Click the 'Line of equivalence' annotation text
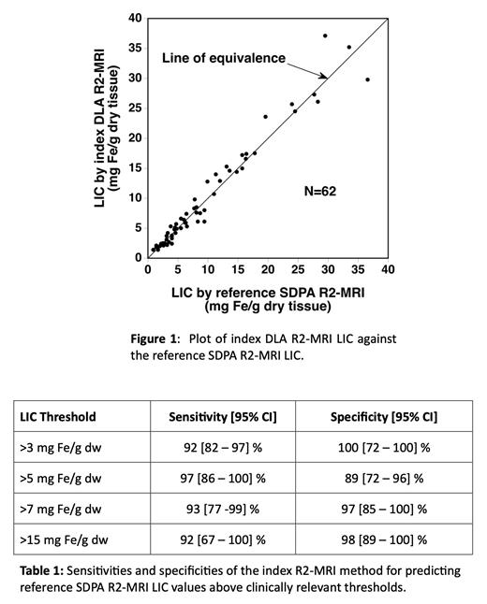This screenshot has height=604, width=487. (x=224, y=58)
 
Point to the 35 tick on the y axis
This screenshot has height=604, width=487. (x=135, y=48)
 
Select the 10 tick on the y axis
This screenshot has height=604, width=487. (x=135, y=197)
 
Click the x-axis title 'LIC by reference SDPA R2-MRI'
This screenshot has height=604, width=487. (x=269, y=292)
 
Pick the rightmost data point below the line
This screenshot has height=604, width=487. (x=367, y=79)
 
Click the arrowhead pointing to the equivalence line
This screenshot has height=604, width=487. (x=325, y=78)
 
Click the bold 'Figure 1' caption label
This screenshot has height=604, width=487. (x=153, y=338)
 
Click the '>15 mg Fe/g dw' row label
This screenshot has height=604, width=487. (x=66, y=539)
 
